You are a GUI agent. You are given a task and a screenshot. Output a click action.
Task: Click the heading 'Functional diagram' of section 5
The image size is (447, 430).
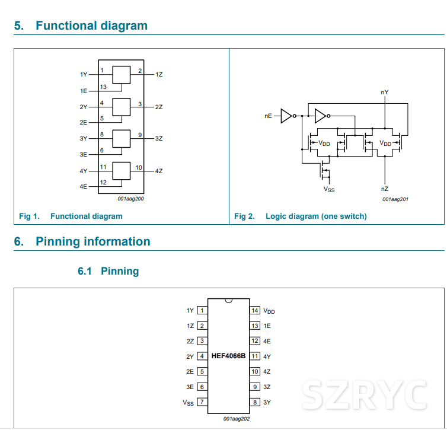[x=91, y=26]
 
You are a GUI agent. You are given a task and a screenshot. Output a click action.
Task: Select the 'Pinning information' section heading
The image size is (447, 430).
[x=92, y=241]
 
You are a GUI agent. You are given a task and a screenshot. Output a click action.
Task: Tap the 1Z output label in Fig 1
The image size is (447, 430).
[x=159, y=75]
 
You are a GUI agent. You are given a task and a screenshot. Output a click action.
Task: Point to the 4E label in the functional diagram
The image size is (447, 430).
[x=84, y=186]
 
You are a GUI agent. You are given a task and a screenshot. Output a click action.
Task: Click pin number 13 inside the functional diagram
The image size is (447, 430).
[x=103, y=87]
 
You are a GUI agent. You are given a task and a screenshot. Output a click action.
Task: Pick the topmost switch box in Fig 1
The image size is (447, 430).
[x=121, y=75]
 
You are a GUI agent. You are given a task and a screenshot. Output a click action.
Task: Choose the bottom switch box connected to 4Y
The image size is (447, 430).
[x=121, y=171]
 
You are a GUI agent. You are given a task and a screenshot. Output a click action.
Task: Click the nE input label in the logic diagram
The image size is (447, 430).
[x=268, y=116]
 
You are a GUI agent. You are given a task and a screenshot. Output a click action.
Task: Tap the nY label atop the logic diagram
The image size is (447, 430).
[x=385, y=93]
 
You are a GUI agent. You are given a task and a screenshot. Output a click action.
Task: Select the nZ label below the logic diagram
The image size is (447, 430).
[x=385, y=189]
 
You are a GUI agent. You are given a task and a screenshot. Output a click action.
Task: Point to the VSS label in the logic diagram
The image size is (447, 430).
[x=328, y=189]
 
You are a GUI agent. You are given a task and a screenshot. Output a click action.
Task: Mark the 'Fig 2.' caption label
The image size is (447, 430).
[x=244, y=216]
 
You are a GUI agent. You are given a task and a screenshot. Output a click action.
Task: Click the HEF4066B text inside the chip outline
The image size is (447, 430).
[x=228, y=356]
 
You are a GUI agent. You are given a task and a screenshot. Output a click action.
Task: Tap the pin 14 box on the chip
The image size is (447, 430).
[x=255, y=310]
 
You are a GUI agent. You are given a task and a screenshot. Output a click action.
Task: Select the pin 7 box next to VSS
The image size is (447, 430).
[x=202, y=402]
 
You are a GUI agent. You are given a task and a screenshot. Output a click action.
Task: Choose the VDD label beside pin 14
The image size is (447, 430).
[x=269, y=311]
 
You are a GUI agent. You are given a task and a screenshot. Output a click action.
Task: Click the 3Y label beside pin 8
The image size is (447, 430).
[x=267, y=402]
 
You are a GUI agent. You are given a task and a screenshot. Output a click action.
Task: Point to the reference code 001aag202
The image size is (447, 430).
[x=236, y=419]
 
